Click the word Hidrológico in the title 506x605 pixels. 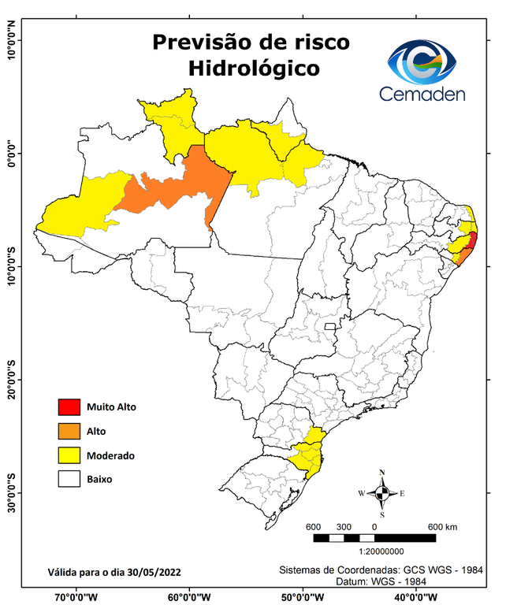click(254, 69)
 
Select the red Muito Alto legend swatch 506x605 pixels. click(69, 407)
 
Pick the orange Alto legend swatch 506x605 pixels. click(69, 431)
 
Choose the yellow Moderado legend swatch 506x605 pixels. click(69, 455)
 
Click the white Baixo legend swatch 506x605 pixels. click(69, 478)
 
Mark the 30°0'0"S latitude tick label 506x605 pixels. click(12, 492)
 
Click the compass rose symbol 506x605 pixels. click(382, 493)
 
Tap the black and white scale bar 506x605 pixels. click(374, 538)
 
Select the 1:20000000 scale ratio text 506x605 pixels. click(374, 552)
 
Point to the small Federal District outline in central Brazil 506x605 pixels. click(330, 325)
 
